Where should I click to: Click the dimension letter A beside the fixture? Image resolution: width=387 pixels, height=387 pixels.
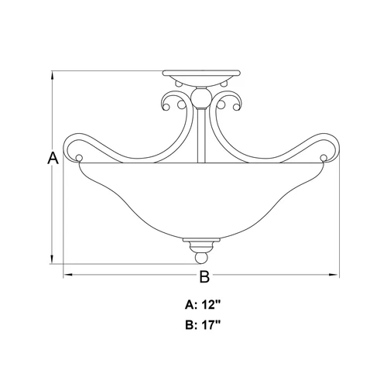pos(53,159)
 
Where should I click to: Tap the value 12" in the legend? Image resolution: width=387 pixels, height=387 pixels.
pos(211,304)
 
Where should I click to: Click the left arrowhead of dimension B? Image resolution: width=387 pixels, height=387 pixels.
pos(65,275)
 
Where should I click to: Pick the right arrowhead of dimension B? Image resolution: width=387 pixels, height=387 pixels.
pos(337,275)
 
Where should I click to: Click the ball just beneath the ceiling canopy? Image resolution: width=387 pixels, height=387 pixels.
pos(200,98)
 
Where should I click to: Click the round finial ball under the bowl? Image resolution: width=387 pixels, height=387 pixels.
pos(200,256)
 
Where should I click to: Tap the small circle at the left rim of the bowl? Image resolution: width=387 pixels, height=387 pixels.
pos(80,160)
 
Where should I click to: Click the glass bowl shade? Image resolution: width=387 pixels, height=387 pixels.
pos(200,197)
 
